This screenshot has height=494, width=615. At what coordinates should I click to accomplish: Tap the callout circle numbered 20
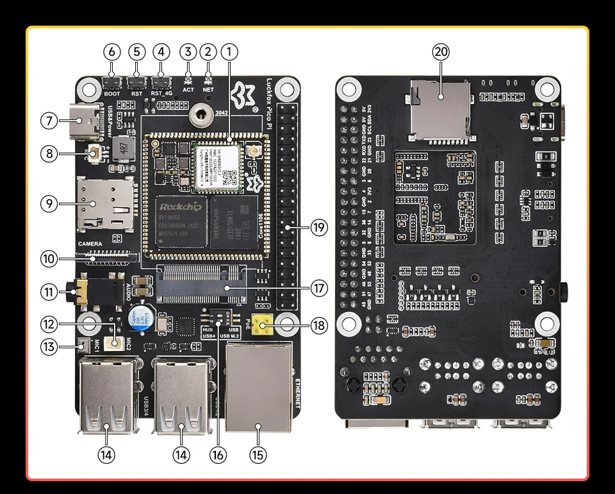[x=441, y=52]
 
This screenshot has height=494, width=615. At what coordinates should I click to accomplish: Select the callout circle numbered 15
[x=258, y=454]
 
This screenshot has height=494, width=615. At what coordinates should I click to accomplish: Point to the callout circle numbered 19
[x=318, y=226]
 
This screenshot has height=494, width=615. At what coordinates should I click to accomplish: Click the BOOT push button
[x=112, y=82]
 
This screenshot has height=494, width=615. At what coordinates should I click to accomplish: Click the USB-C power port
[x=86, y=120]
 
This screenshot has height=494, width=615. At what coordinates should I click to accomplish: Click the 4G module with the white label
[x=217, y=167]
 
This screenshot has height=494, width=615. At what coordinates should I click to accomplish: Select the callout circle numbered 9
[x=49, y=203]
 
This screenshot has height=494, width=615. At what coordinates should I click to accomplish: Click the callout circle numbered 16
[x=218, y=454]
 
